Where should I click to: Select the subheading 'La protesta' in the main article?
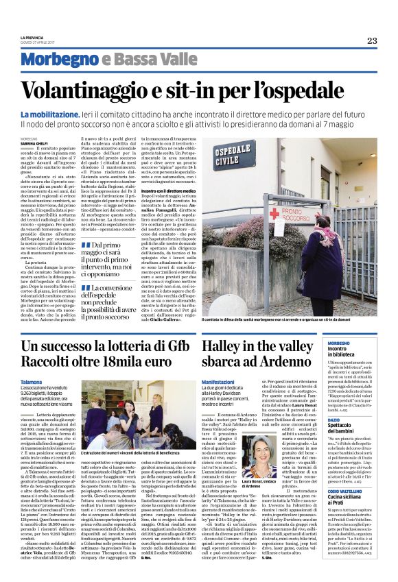click(34, 263)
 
